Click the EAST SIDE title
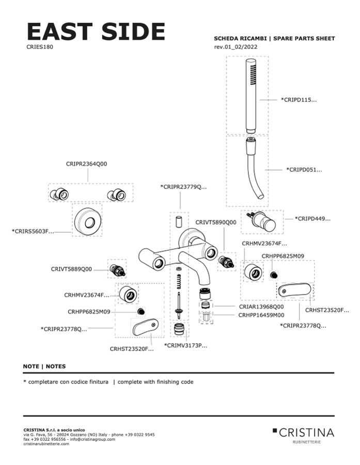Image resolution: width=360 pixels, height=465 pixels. click(x=96, y=32)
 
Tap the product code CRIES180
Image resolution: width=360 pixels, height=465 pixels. click(x=40, y=46)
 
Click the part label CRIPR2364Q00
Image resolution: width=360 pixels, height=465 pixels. click(x=87, y=164)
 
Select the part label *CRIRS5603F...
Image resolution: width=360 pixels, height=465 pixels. click(x=33, y=231)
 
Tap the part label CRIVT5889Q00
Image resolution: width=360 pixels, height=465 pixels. click(x=71, y=269)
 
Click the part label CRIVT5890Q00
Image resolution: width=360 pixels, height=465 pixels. click(x=215, y=222)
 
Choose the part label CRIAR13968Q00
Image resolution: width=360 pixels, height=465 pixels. click(x=261, y=307)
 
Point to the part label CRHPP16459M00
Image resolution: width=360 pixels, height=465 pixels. click(x=261, y=314)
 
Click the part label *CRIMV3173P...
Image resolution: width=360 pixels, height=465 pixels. click(x=185, y=345)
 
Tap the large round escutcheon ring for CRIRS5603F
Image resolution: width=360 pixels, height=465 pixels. click(x=86, y=221)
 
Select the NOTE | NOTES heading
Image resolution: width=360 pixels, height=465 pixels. click(x=44, y=366)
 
